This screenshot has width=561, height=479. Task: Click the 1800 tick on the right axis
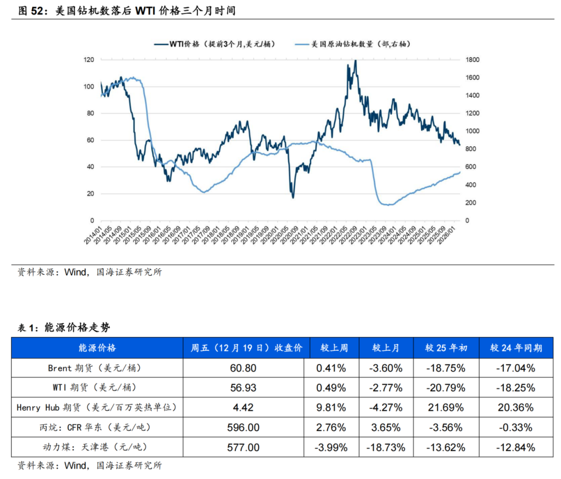pyautogui.click(x=473, y=60)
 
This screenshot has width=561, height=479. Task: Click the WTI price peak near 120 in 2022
pyautogui.click(x=355, y=61)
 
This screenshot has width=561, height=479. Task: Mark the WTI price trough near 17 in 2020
pyautogui.click(x=293, y=197)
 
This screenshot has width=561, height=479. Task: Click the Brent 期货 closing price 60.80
pyautogui.click(x=246, y=368)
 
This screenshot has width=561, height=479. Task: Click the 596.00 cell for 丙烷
pyautogui.click(x=246, y=428)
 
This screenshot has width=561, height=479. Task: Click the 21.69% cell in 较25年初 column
pyautogui.click(x=446, y=408)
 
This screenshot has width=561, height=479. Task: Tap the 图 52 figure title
pyautogui.click(x=127, y=10)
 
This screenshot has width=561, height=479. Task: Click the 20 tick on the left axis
pyautogui.click(x=90, y=194)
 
